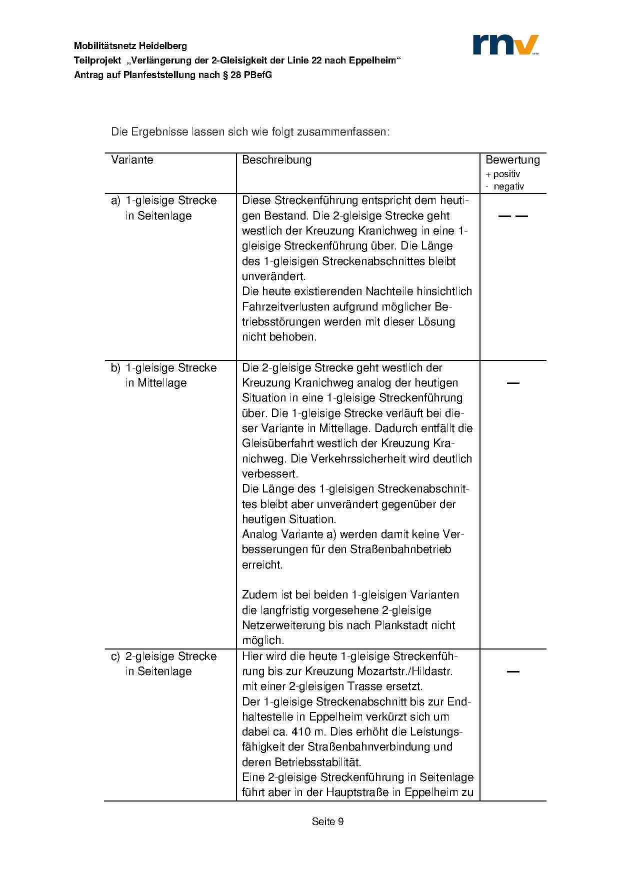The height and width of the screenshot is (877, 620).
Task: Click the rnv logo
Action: (x=505, y=44)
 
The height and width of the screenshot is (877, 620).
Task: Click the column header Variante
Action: (x=132, y=160)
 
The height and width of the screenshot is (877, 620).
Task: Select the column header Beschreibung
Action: (x=276, y=160)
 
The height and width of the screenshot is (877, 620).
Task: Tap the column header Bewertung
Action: (x=512, y=160)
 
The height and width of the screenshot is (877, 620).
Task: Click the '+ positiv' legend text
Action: (x=502, y=174)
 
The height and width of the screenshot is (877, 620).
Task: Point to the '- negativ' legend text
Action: (x=505, y=186)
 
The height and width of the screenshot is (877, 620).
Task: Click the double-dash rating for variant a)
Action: (x=513, y=216)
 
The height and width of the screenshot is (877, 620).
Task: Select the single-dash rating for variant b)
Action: (x=513, y=383)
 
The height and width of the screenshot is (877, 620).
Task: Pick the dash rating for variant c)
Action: (x=513, y=671)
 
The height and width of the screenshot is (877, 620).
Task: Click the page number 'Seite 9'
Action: (x=327, y=821)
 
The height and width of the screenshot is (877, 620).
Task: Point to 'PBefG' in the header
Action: (x=258, y=75)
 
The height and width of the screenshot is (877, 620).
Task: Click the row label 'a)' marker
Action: (x=115, y=200)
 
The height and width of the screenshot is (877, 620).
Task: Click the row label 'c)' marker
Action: (x=115, y=656)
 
